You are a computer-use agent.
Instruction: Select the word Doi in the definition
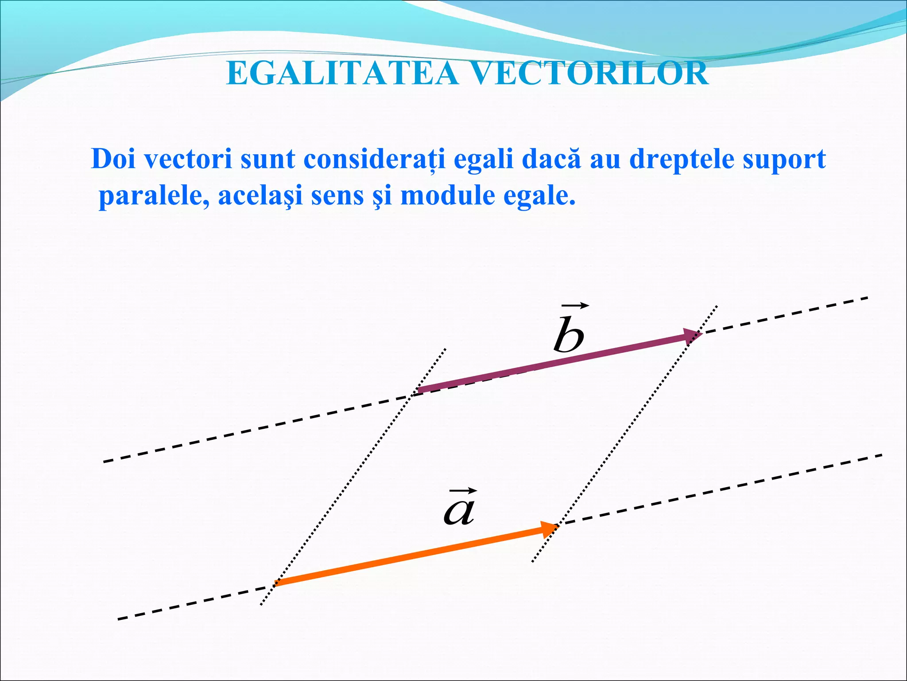click(x=113, y=159)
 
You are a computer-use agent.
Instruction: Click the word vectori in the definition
click(x=189, y=159)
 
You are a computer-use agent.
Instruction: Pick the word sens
click(x=337, y=196)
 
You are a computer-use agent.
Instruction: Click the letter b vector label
click(x=569, y=336)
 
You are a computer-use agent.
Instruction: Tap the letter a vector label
click(x=459, y=511)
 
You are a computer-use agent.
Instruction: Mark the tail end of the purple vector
click(x=419, y=391)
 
